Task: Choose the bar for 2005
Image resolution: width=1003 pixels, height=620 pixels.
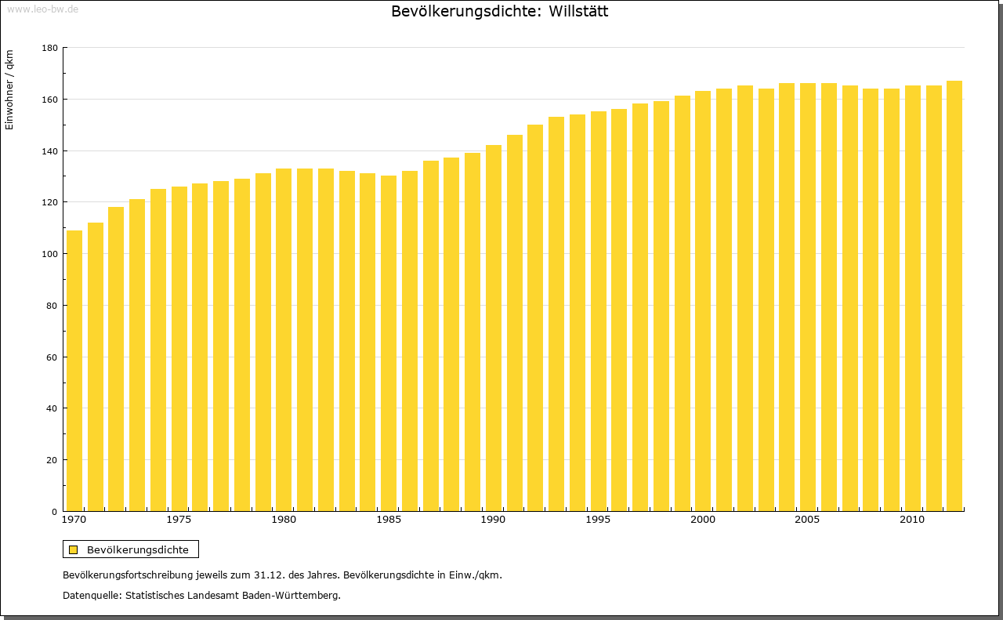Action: tap(808, 297)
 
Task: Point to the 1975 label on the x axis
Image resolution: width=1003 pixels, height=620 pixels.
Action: tap(179, 520)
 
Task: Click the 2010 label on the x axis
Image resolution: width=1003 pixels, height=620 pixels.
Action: tap(911, 520)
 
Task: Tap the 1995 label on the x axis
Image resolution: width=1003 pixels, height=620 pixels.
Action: tap(598, 520)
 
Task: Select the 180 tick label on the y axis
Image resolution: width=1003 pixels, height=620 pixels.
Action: tap(49, 48)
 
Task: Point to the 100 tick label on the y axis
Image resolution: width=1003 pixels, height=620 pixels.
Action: tap(49, 254)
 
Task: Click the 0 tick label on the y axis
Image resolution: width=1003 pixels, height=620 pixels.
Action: tap(54, 512)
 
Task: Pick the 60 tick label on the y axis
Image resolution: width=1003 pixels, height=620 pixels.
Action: tap(52, 357)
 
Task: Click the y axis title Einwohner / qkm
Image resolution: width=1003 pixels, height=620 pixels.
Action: tap(9, 89)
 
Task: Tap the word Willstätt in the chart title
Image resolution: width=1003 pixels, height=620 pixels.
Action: tap(578, 12)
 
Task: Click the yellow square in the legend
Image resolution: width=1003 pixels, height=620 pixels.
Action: tap(73, 549)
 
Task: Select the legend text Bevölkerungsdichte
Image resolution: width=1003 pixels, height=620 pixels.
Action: tap(138, 549)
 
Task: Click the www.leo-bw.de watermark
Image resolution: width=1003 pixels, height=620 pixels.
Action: tap(42, 9)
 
